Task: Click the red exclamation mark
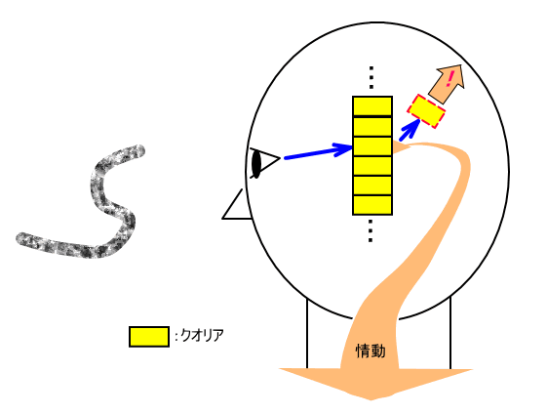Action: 449,79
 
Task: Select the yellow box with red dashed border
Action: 426,111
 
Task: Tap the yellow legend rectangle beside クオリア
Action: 149,337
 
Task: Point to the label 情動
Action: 371,351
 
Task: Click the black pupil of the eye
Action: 256,163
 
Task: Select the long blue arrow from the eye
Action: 318,152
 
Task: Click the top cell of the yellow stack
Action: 372,105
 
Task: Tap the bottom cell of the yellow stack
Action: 372,205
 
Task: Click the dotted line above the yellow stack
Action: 371,77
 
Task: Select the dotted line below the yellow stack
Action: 371,230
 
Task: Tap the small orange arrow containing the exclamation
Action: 448,84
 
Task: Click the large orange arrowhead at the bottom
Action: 375,384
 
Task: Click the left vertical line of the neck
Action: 307,333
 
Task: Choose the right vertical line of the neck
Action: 450,332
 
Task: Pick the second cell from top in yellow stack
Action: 372,127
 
